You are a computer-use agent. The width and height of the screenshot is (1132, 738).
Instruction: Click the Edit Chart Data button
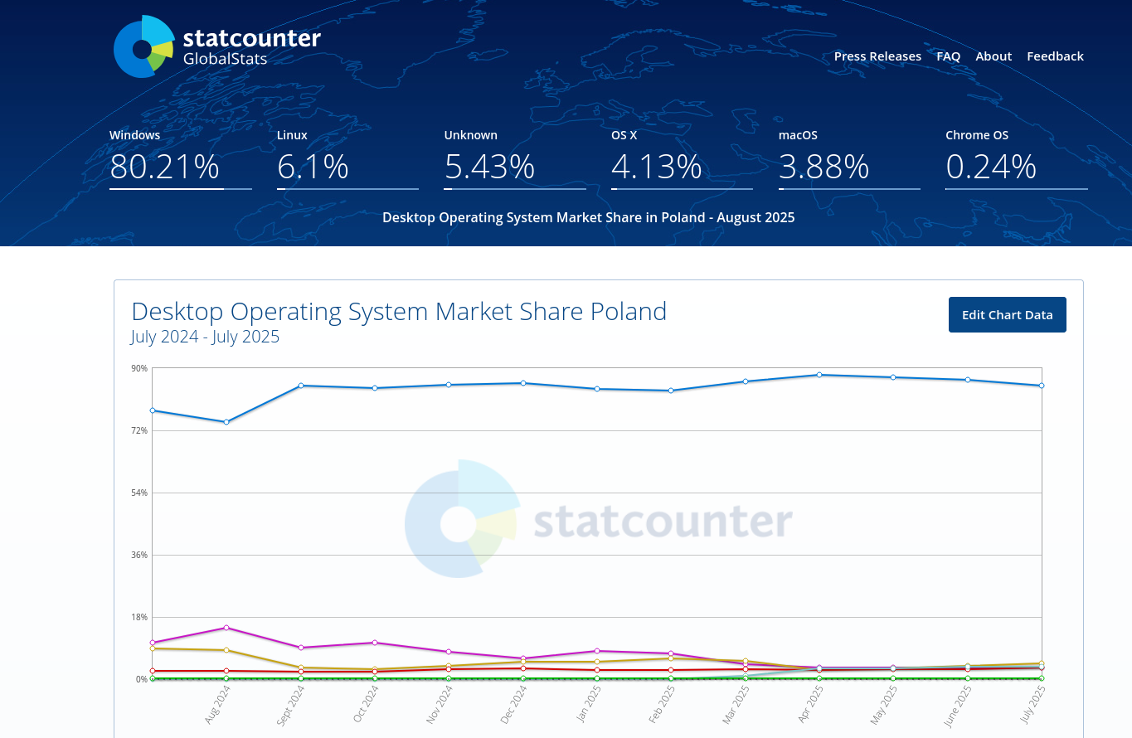coord(1007,315)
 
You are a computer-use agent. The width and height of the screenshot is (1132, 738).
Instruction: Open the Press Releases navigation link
coord(877,56)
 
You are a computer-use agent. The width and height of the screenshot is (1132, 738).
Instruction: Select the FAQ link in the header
coord(948,56)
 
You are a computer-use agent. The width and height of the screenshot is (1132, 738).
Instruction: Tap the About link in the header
coord(994,56)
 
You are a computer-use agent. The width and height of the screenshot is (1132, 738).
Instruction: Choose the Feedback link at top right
coord(1055,56)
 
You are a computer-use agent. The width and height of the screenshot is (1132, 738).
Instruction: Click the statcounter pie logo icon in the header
coord(143,47)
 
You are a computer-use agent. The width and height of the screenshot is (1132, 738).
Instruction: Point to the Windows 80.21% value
coord(164,167)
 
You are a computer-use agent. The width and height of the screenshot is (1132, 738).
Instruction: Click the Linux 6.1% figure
coord(313,167)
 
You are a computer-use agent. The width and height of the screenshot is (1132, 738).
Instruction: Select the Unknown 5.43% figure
coord(489,167)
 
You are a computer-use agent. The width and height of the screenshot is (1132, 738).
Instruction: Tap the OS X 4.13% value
coord(657,167)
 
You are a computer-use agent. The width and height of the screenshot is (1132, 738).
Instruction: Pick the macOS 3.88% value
coord(823,167)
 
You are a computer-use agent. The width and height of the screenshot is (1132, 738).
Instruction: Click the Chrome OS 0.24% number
coord(991,167)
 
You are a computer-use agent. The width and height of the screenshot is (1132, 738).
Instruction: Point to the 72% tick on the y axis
coord(138,430)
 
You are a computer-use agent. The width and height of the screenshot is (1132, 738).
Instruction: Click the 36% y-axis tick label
coord(138,555)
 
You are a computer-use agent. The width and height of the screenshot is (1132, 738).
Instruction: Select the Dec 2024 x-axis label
coord(513,705)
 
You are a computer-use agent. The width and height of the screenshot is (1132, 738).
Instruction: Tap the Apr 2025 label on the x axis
coord(810,705)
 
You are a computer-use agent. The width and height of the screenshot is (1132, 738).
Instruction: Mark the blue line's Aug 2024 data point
coord(226,422)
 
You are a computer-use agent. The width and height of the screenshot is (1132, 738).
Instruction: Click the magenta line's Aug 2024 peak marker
coord(226,628)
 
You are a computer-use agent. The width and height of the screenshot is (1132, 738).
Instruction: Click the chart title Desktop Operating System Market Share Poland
coord(399,312)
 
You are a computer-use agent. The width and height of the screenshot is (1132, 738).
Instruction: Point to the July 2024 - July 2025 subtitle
coord(205,337)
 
